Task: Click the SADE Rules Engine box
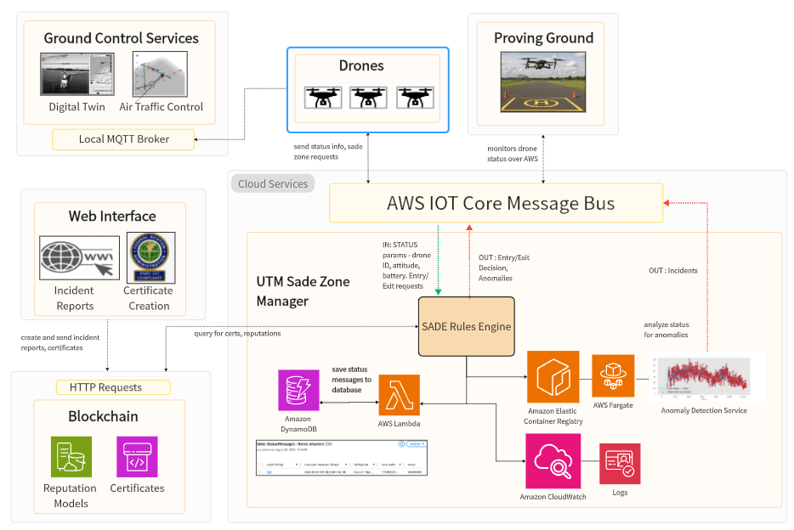click(x=467, y=326)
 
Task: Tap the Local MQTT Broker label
click(x=123, y=139)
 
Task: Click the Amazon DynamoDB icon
click(x=298, y=391)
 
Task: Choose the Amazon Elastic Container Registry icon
click(x=553, y=376)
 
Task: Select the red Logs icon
click(x=620, y=464)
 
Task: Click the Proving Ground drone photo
click(x=543, y=82)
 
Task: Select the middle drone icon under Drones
click(x=367, y=96)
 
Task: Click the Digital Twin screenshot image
click(x=77, y=74)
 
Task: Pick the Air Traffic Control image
click(x=160, y=74)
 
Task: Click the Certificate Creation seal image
click(x=150, y=257)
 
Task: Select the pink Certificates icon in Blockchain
click(x=136, y=459)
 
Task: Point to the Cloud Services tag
click(x=272, y=183)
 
